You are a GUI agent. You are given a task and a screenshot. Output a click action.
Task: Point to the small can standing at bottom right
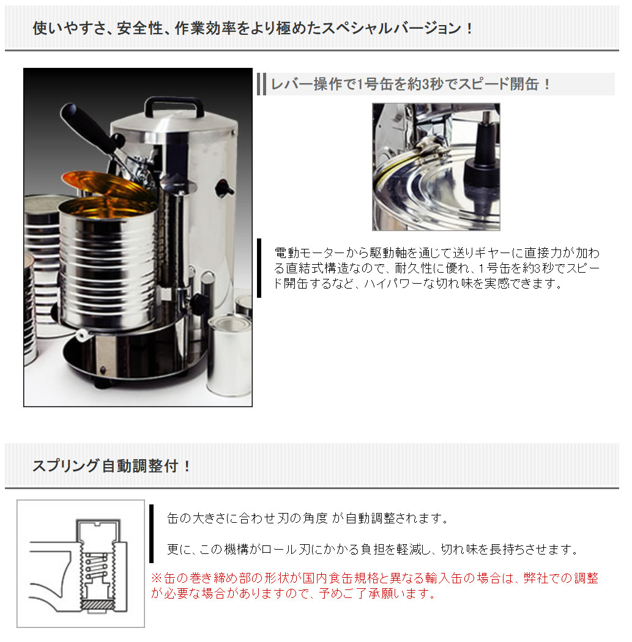coord(228,355)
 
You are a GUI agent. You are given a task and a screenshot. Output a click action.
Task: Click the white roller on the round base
coord(81,334)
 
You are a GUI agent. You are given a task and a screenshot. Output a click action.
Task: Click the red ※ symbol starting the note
coord(156,578)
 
